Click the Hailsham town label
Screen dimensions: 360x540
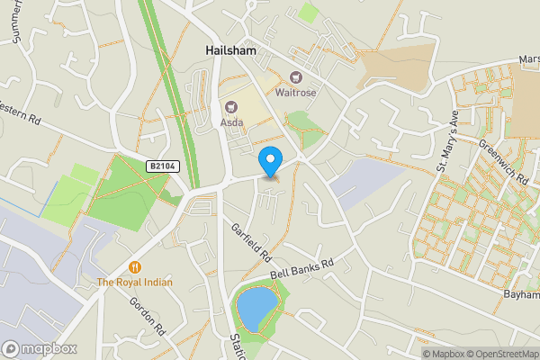pos(229,51)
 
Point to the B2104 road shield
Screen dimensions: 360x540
pos(162,166)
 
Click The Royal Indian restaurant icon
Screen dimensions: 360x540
pos(134,266)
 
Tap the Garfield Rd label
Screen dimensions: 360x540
pos(251,242)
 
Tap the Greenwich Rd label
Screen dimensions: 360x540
pos(503,161)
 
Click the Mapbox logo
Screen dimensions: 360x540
pos(38,348)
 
